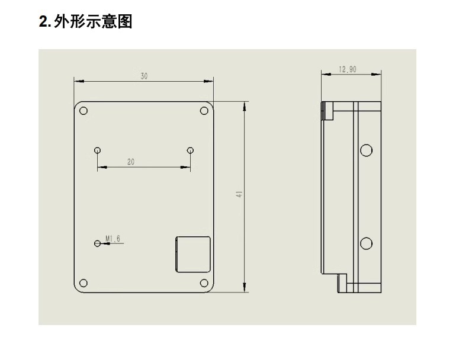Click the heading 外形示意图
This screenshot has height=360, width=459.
[93, 21]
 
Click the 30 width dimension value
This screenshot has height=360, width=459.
[144, 76]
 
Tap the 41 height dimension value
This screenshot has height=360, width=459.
[239, 194]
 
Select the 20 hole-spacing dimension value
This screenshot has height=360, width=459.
[131, 162]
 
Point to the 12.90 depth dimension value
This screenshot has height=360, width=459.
[348, 69]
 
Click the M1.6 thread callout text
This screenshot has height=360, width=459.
[113, 239]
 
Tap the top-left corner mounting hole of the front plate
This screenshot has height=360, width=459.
[84, 111]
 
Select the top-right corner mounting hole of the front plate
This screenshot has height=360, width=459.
[204, 111]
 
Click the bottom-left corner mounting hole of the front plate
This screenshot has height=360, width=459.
[84, 283]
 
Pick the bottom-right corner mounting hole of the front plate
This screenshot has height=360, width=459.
[204, 283]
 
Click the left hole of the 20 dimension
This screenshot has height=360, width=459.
[98, 150]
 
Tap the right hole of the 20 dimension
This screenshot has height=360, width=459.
[190, 150]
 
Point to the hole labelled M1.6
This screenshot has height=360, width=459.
[97, 243]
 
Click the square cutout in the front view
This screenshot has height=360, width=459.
[193, 255]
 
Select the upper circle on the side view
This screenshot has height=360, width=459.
[366, 150]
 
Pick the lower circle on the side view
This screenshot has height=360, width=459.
[366, 243]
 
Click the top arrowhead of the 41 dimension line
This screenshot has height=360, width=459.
[245, 107]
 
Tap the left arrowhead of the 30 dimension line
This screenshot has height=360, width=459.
[79, 81]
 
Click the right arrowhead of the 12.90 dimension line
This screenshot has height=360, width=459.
[376, 75]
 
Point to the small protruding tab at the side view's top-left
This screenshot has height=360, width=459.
[328, 111]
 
